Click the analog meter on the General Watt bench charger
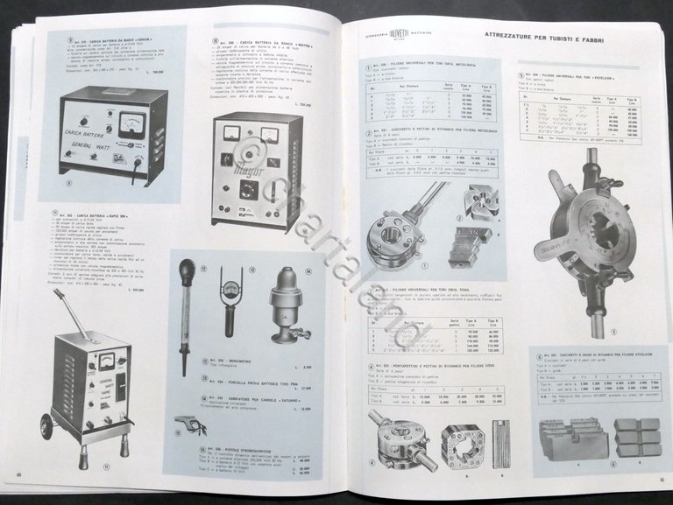(x=131, y=122)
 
